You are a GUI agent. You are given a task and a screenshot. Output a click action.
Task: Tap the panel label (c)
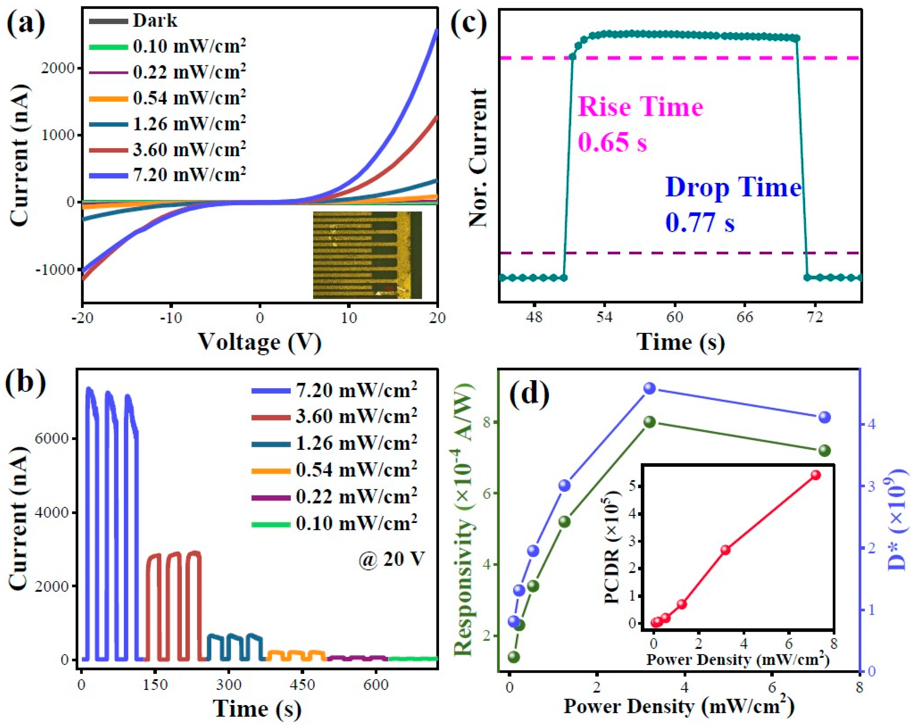click(468, 24)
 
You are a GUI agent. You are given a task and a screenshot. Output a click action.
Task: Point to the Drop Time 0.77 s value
click(700, 223)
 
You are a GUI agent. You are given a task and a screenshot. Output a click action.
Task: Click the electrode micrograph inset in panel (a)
click(367, 255)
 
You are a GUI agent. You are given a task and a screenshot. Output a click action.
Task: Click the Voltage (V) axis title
click(260, 342)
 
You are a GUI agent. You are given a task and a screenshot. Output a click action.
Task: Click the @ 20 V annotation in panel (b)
click(391, 559)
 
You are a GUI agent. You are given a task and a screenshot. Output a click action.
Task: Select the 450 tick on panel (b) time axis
click(302, 685)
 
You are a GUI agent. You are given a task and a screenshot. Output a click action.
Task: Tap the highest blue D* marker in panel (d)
click(650, 388)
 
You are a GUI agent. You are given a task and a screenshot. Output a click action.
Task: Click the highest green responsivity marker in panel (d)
click(650, 422)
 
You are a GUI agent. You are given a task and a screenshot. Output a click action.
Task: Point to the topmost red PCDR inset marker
click(815, 475)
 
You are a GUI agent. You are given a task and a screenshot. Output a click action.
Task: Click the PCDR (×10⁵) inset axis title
click(612, 548)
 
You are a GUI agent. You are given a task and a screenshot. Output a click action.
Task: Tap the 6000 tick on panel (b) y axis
click(51, 439)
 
